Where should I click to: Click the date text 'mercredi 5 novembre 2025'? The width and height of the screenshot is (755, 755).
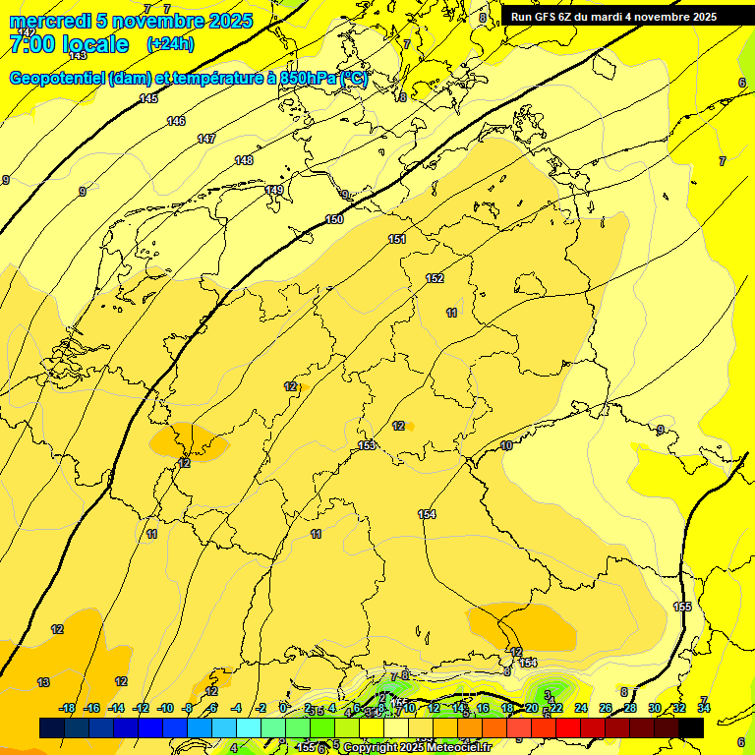click(131, 21)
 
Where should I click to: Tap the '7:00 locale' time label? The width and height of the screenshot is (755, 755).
click(69, 44)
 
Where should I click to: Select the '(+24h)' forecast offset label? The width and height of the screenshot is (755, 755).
click(170, 44)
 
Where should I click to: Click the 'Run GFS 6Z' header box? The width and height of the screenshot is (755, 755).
click(613, 16)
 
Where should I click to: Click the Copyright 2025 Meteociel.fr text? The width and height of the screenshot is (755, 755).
click(417, 747)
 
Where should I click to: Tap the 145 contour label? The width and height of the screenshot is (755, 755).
click(148, 98)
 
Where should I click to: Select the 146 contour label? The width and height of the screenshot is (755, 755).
click(176, 121)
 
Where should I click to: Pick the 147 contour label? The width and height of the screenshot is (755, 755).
click(206, 139)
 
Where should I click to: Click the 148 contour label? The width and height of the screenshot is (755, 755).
click(244, 160)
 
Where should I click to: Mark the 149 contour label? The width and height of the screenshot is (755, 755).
click(274, 190)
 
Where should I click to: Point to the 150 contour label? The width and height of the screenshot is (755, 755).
click(334, 219)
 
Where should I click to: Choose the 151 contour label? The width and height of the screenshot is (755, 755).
click(397, 239)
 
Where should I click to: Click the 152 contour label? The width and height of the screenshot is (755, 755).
click(435, 278)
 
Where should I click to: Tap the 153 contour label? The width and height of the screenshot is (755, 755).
click(367, 445)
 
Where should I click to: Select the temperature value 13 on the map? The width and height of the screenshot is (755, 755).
click(43, 682)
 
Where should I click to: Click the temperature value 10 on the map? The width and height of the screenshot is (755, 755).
click(506, 445)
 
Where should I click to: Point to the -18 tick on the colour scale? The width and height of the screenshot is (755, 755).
click(67, 708)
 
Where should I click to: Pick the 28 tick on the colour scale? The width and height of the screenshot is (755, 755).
click(629, 708)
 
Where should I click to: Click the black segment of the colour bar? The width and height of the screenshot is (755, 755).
click(691, 727)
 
